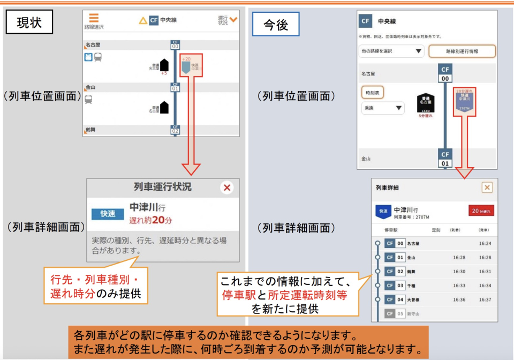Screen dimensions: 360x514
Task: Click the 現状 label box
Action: coord(29,22)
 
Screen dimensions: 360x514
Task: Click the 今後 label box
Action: coord(275,24)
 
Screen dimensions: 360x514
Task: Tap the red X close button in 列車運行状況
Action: coord(227,187)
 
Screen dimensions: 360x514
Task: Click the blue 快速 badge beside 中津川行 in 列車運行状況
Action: coord(108,214)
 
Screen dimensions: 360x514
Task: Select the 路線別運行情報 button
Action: coord(462,51)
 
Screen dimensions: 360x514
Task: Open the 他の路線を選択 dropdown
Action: coord(391,51)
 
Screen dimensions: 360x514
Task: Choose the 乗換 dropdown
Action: coord(383,108)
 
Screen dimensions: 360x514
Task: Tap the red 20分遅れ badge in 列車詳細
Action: coord(481,211)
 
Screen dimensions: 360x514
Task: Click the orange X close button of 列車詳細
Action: coord(487,187)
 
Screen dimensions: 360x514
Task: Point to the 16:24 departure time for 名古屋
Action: coord(485,243)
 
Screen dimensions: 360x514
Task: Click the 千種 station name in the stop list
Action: coord(412,286)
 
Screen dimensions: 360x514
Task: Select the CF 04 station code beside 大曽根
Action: coord(394,299)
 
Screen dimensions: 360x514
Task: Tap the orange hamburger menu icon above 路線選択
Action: coord(94,18)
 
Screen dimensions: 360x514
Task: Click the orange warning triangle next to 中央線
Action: coord(143,20)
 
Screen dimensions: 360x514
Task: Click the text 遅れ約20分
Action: coord(150,220)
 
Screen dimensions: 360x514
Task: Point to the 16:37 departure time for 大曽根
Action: coord(485,299)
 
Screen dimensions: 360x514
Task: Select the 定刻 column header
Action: coord(436,230)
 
